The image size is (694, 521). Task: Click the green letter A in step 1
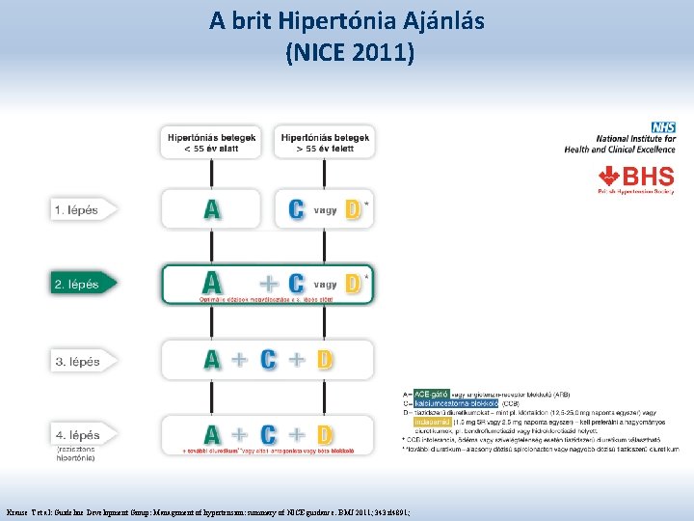point(213,209)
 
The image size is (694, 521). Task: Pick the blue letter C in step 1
point(299,209)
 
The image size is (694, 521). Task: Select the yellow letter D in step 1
point(353,209)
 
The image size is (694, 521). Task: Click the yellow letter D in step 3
point(325,360)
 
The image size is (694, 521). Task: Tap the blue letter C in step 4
point(271,434)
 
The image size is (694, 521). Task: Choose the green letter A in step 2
point(213,283)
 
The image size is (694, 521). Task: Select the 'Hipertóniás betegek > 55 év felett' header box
point(324,143)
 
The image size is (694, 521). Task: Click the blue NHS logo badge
point(663,127)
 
